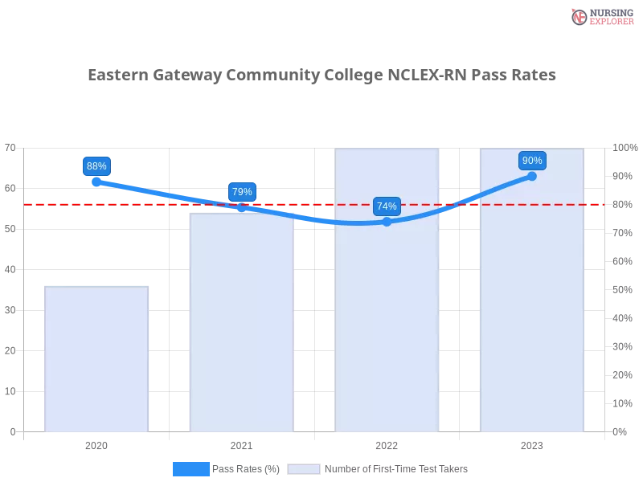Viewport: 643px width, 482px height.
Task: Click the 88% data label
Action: (96, 166)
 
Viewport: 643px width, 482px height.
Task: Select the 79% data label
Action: (242, 191)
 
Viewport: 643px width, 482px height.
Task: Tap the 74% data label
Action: (387, 206)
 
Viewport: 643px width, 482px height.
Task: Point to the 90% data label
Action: (532, 161)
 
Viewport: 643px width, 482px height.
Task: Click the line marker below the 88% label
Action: (96, 182)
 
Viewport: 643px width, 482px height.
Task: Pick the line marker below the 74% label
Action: (387, 222)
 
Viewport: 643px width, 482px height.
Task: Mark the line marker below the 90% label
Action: (532, 176)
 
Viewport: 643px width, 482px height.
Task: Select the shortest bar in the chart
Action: (96, 357)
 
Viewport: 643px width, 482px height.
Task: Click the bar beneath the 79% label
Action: (241, 321)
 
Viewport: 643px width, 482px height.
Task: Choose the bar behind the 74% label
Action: (388, 321)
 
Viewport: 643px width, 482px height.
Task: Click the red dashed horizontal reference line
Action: (321, 204)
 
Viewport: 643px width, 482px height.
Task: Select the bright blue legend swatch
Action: (190, 468)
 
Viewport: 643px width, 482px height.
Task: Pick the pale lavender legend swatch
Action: (304, 469)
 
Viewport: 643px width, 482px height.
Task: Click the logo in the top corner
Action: (600, 17)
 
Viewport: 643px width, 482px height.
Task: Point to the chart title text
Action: (321, 75)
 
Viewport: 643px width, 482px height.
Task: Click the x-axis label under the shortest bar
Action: (96, 443)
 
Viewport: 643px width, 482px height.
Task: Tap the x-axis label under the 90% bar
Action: (532, 443)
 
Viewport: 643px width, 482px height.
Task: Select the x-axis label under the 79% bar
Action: (241, 443)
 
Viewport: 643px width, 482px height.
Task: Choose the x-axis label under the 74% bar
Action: (387, 443)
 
